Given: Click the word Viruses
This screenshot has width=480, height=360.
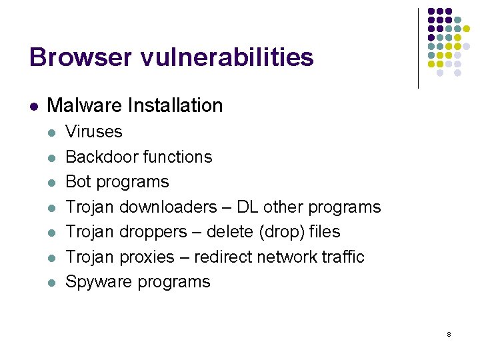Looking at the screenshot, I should [x=94, y=131].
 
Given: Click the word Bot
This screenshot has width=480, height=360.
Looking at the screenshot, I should [x=77, y=181].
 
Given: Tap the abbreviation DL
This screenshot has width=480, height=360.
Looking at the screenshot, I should [x=247, y=207].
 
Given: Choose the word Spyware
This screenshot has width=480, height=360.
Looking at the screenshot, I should [x=99, y=282].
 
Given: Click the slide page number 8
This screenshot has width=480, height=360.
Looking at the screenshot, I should [x=449, y=333].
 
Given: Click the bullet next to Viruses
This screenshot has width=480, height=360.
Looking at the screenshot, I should [x=52, y=132].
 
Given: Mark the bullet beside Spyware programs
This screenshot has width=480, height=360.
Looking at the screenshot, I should [x=52, y=283].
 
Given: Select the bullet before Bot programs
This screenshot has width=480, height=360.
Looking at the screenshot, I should [x=52, y=182].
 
